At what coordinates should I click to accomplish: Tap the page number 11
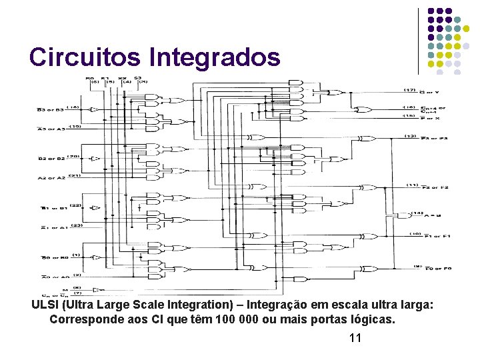click(355, 338)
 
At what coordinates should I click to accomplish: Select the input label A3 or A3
click(51, 129)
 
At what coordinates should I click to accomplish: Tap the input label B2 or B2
click(51, 159)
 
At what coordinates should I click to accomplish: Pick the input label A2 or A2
click(51, 178)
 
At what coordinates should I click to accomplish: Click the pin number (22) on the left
click(75, 205)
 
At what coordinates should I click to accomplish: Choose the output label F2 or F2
click(436, 187)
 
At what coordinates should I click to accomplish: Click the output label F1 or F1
click(437, 236)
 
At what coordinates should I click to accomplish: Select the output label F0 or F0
click(437, 269)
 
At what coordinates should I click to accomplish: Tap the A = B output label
click(433, 215)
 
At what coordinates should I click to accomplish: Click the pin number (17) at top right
click(410, 90)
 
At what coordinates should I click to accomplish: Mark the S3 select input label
click(137, 78)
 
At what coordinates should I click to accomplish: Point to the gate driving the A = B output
click(403, 215)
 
